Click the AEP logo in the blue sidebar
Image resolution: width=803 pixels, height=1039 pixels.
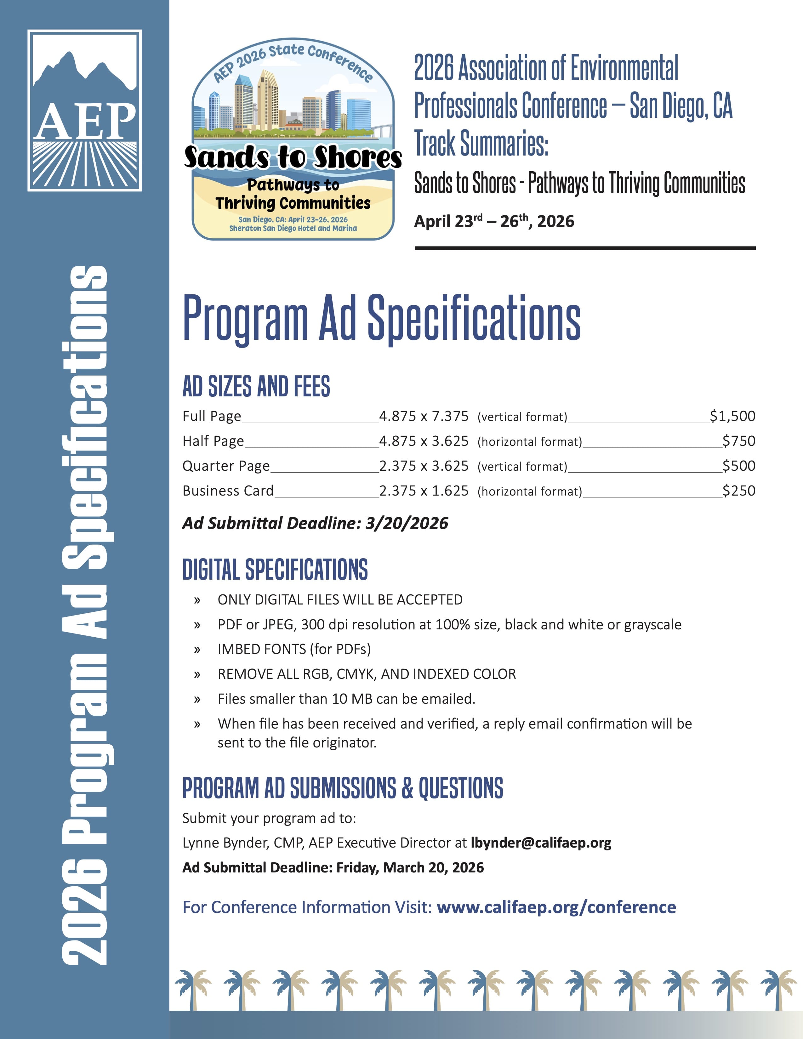point(85,111)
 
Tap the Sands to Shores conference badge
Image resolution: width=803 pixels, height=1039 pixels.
point(293,139)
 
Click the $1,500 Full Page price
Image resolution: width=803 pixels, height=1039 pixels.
point(732,416)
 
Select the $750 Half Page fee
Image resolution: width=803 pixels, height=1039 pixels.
point(738,441)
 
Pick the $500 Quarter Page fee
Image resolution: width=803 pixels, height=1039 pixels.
point(738,466)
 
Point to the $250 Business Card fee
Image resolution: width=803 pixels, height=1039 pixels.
point(738,491)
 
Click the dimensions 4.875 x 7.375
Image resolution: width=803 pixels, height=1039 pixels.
point(423,416)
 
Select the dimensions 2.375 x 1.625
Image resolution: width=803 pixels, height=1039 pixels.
point(423,491)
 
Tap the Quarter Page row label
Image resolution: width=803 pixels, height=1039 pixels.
point(226,466)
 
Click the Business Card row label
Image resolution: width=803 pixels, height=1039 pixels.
point(228,491)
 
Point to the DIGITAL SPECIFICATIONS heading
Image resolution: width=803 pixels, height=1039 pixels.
point(275,570)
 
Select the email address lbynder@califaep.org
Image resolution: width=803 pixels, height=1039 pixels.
point(541,843)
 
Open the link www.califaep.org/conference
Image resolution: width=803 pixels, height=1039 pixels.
point(556,907)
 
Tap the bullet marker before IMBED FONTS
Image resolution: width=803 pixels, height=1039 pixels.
point(197,650)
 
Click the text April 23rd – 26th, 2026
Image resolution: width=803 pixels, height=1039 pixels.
point(494,221)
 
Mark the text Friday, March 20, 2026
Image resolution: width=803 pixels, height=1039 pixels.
point(410,867)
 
